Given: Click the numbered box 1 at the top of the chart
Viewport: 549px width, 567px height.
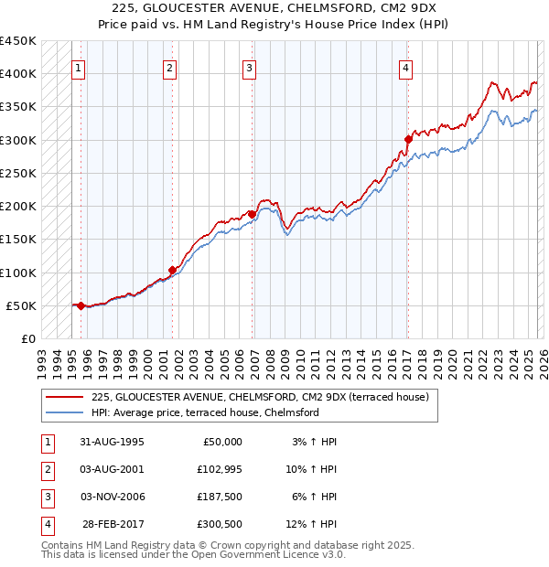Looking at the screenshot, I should (79, 67).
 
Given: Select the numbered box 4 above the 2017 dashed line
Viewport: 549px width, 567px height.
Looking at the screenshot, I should (405, 67).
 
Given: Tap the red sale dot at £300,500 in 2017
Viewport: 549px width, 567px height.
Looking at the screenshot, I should (408, 140).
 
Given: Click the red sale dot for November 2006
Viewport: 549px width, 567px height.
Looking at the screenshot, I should (252, 215).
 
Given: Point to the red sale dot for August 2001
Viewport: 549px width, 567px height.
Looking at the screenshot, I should (171, 271).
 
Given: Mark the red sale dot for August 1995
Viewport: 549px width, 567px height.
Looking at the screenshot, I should (81, 305).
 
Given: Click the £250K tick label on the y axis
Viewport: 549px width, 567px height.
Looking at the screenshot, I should (18, 173).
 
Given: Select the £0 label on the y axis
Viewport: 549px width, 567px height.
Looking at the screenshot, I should (28, 339).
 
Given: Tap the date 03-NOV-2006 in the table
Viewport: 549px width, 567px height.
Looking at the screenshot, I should (113, 497).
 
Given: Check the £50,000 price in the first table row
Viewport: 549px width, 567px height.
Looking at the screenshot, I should (220, 442).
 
